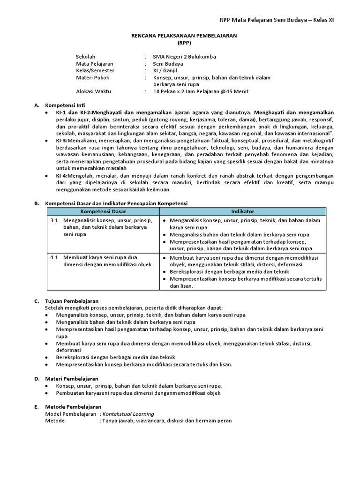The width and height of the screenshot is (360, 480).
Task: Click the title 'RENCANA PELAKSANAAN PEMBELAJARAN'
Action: [184, 36]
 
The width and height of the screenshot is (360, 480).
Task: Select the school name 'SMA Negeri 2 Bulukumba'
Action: [185, 57]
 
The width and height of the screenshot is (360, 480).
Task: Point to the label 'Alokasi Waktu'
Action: [94, 91]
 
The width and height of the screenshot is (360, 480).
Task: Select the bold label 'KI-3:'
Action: [62, 141]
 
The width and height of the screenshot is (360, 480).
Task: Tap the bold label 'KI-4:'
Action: [62, 176]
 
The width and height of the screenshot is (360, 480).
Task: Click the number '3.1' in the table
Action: [54, 220]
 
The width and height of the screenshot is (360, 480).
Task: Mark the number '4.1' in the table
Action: [54, 258]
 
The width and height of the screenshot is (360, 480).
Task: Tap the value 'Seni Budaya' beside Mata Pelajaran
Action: [168, 64]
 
